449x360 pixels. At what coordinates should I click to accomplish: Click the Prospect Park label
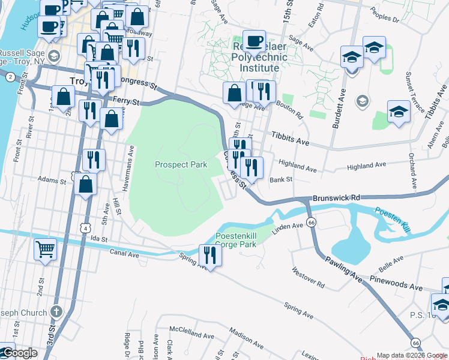tap(180, 164)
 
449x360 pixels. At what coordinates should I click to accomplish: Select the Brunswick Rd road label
tap(336, 197)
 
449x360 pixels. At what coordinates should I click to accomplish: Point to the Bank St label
tap(280, 179)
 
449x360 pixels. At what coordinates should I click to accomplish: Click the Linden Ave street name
tap(289, 226)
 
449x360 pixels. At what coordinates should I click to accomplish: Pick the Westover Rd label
tap(310, 278)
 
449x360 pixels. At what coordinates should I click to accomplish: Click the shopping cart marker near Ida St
tap(46, 248)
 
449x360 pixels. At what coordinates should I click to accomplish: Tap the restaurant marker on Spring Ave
tap(210, 253)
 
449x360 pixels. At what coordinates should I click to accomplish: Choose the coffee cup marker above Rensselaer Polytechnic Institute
tap(254, 41)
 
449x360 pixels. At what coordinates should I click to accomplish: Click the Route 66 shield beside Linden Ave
tap(311, 222)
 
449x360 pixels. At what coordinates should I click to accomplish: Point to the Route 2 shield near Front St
tap(10, 76)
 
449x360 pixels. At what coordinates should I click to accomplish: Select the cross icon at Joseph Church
tap(56, 311)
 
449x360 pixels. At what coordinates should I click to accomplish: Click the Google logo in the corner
tap(19, 353)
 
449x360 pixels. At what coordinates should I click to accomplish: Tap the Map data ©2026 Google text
tap(412, 355)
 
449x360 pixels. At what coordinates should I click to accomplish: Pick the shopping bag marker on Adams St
tap(86, 185)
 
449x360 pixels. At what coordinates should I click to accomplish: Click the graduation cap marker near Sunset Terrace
tap(399, 112)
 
